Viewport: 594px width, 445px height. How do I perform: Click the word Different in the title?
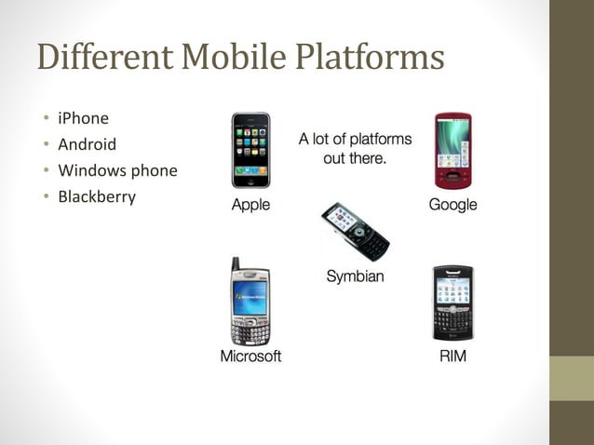click(103, 58)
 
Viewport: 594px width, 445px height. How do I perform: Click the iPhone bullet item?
click(83, 118)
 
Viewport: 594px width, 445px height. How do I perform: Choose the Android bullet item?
click(87, 144)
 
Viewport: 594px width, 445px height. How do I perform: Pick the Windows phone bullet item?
click(117, 170)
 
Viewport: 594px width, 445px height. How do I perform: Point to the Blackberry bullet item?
click(97, 196)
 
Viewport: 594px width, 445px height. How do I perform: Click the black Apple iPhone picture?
click(250, 150)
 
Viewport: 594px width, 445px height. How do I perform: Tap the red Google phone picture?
click(452, 151)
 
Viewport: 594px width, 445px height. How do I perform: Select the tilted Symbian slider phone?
click(355, 231)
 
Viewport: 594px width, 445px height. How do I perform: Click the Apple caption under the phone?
click(250, 205)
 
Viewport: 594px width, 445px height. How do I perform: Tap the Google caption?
click(452, 205)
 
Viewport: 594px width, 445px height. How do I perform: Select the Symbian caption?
click(355, 276)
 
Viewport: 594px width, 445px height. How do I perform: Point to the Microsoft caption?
click(250, 357)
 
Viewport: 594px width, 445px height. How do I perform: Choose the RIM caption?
click(452, 357)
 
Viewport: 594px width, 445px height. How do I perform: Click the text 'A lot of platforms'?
click(355, 140)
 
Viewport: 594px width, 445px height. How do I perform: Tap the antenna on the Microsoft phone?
click(236, 264)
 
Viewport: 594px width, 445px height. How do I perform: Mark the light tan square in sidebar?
click(572, 379)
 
